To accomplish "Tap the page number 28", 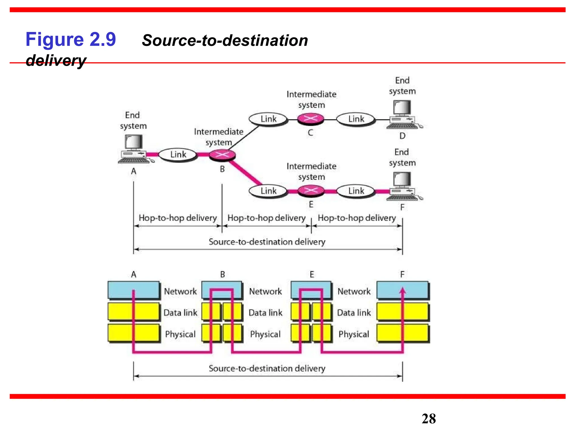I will point(428,419).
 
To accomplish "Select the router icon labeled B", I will point(222,155).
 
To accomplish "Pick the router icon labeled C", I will point(310,119).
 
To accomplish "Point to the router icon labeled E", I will point(311,191).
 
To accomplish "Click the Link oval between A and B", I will point(178,155).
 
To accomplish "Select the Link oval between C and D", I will point(356,119).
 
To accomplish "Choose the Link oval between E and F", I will point(356,191).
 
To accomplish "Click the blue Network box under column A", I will point(133,290).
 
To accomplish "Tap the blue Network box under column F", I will point(402,290).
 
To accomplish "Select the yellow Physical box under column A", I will point(133,333).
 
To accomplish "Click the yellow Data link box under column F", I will point(402,312).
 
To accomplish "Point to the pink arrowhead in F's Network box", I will point(402,291).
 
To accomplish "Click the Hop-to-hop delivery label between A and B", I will point(178,218).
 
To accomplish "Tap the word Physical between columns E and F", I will point(354,334).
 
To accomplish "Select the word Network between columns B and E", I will point(265,291).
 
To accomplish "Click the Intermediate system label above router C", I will point(311,99).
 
